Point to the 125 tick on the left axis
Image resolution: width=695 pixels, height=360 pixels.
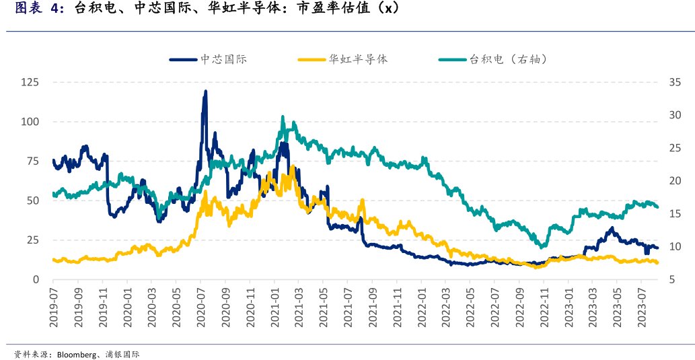[30, 82]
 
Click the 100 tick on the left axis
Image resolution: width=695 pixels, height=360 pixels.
[30, 122]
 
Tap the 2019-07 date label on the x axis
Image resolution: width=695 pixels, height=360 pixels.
[54, 306]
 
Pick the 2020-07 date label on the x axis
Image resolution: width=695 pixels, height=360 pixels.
[200, 306]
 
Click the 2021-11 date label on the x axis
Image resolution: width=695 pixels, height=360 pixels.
[397, 306]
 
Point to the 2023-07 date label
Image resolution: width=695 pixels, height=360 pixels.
[642, 306]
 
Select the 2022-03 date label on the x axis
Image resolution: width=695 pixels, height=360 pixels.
[445, 306]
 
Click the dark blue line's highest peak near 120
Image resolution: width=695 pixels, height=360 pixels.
[205, 92]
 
